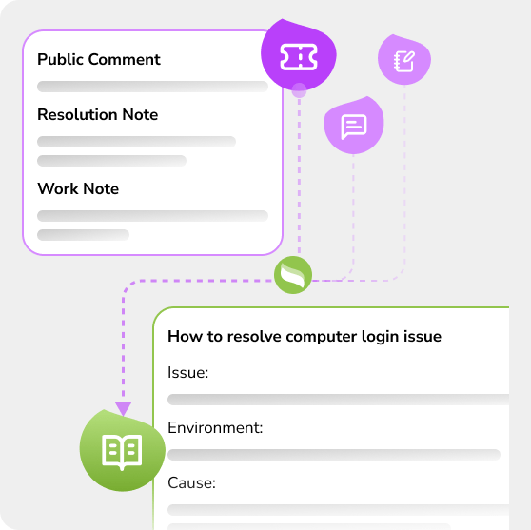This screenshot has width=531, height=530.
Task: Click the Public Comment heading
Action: click(99, 60)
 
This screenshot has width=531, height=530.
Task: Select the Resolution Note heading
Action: click(97, 114)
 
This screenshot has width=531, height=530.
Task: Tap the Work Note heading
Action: click(78, 188)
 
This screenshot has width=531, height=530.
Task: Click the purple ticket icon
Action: click(299, 57)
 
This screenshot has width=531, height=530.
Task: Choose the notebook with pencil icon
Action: click(404, 61)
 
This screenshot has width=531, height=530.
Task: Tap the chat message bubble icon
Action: click(354, 127)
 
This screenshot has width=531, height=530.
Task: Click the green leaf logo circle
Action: click(293, 275)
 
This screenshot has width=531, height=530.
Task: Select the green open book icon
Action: click(122, 452)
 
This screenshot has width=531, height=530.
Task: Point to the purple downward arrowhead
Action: click(124, 409)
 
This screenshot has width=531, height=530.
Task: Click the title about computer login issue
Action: click(305, 337)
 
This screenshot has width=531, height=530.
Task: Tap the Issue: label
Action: click(188, 373)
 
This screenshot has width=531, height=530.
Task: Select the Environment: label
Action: click(215, 428)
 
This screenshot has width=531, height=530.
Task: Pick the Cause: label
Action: click(191, 483)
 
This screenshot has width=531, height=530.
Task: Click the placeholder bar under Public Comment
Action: click(152, 87)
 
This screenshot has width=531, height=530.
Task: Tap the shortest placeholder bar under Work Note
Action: click(84, 235)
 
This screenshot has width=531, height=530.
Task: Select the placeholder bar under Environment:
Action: click(334, 455)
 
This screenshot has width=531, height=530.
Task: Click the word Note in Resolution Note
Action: click(140, 114)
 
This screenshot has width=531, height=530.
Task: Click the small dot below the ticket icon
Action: click(299, 90)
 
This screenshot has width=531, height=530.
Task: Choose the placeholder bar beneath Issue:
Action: click(339, 400)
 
